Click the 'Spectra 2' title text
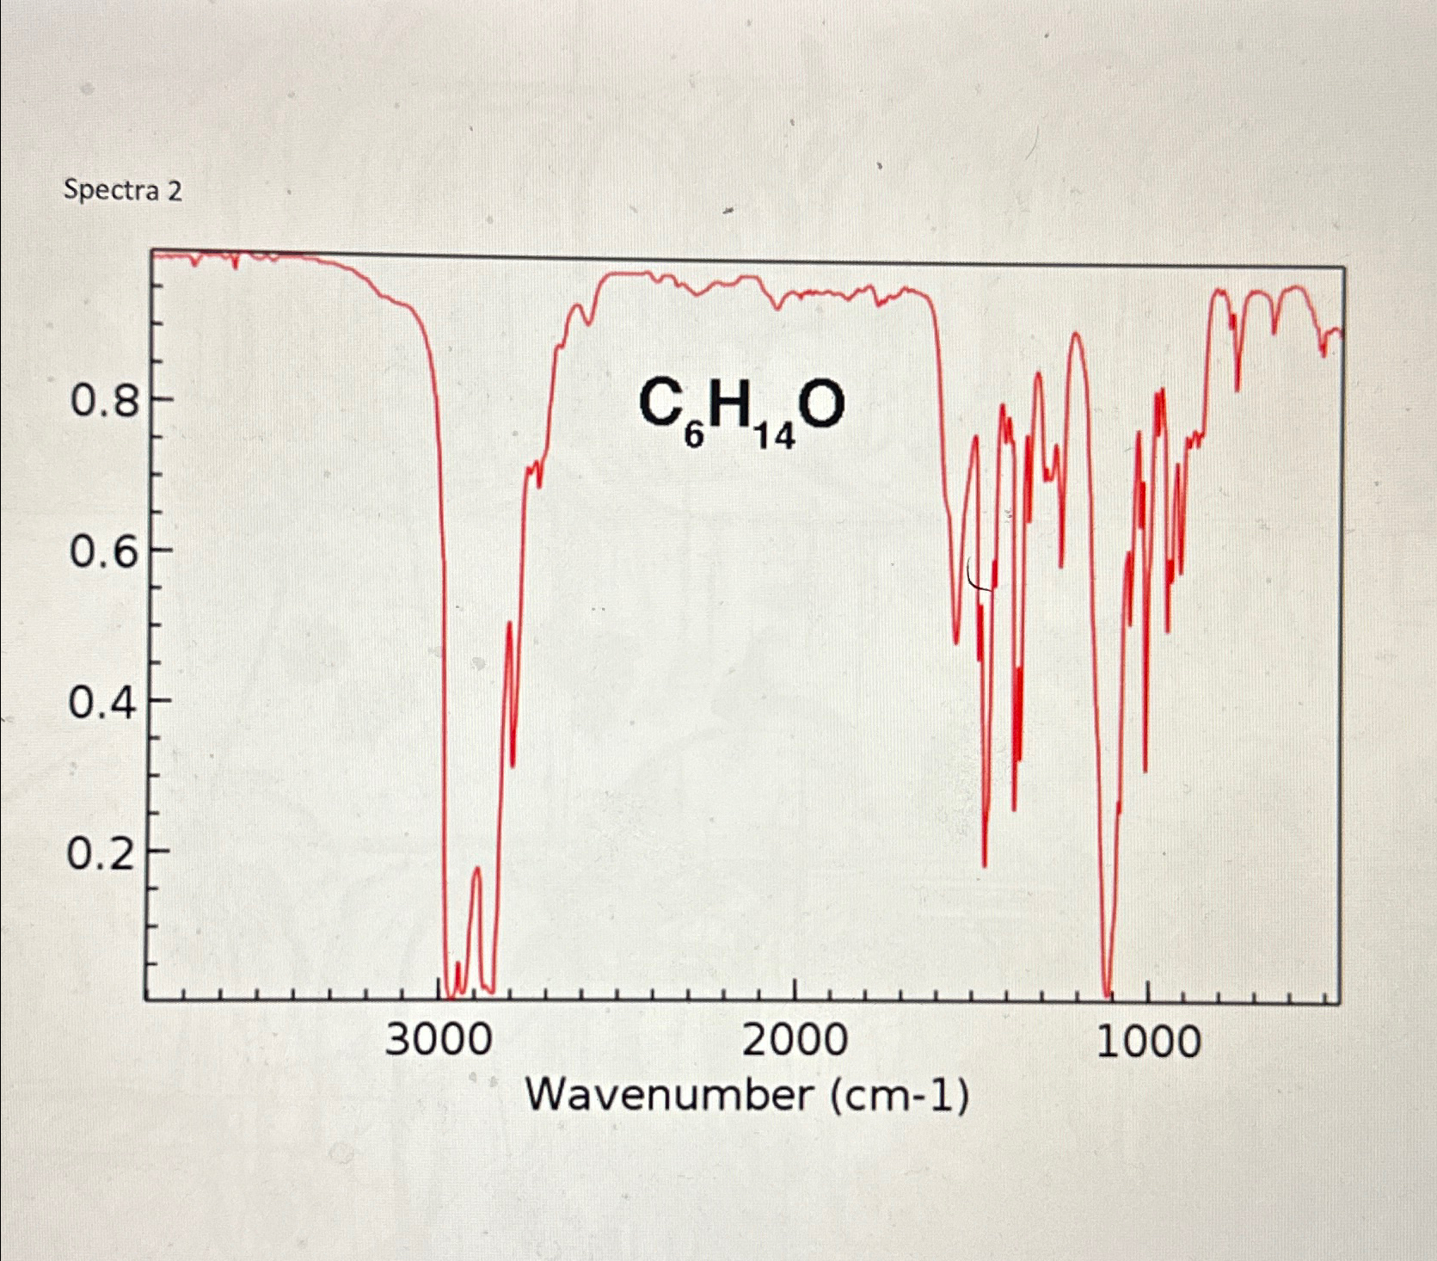(x=123, y=190)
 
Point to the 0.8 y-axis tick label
(x=104, y=402)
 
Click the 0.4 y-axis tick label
(x=104, y=704)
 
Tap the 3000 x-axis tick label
(x=439, y=1042)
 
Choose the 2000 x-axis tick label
(x=794, y=1042)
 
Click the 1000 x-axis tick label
(x=1148, y=1042)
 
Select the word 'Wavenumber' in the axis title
(x=669, y=1096)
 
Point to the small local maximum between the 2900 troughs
(x=476, y=869)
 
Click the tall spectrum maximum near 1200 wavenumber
(x=1076, y=334)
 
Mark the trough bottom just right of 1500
(x=985, y=864)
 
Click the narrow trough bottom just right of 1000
(x=1145, y=770)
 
